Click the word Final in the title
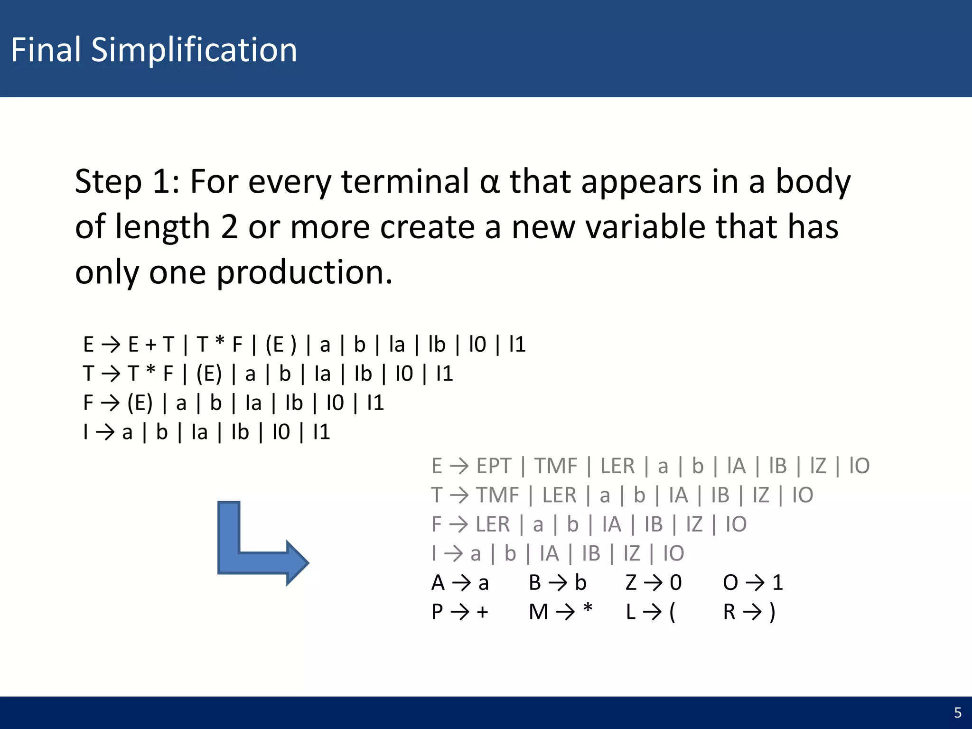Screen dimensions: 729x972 (x=46, y=50)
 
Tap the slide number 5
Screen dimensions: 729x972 (x=957, y=712)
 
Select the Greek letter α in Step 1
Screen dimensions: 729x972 (x=489, y=182)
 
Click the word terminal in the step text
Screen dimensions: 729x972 (x=405, y=182)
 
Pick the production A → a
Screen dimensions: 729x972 (x=459, y=582)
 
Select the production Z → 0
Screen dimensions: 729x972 (x=653, y=582)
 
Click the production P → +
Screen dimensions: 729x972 (x=459, y=611)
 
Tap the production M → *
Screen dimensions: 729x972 (x=561, y=611)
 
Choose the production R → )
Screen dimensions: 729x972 (x=749, y=611)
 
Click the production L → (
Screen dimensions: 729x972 (x=650, y=611)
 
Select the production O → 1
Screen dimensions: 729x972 (x=752, y=582)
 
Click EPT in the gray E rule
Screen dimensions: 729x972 (x=494, y=466)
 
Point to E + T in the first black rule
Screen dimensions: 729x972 (x=151, y=344)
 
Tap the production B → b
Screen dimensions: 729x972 (x=557, y=582)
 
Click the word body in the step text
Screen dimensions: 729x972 (x=813, y=182)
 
